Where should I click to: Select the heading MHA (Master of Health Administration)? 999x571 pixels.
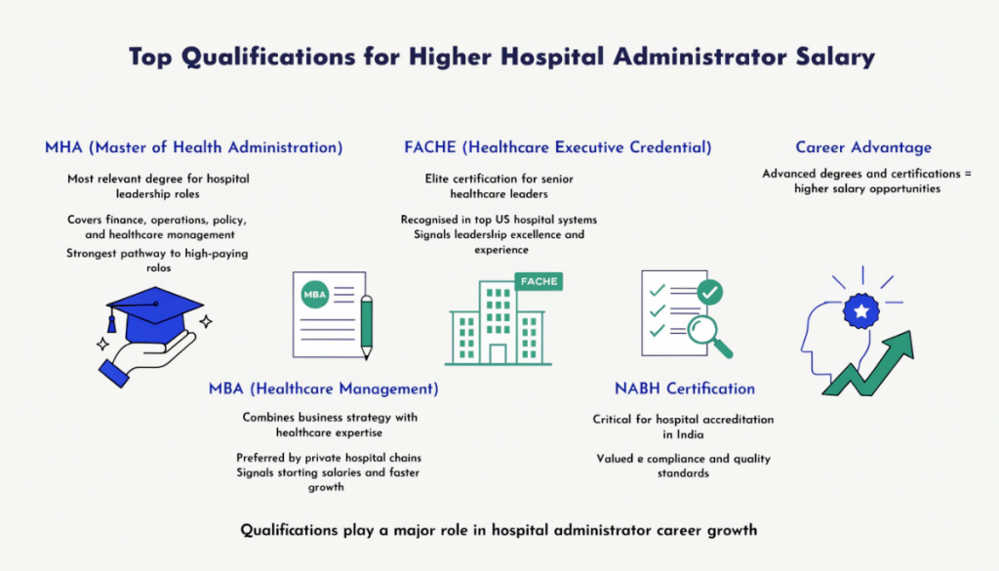coord(193,147)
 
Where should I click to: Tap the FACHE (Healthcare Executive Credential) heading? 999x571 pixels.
coord(557,147)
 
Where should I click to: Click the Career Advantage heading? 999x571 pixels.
coord(863,147)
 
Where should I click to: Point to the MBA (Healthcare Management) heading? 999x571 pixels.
coord(323,388)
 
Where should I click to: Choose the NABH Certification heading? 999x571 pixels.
coord(684,388)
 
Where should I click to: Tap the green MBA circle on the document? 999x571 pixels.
coord(315,293)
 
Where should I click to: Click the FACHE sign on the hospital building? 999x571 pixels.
coord(539,281)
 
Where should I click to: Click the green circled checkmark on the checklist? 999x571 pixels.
coord(710,291)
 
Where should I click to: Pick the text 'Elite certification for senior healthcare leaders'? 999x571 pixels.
coord(499,186)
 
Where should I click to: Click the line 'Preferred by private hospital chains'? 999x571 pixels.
coord(329,458)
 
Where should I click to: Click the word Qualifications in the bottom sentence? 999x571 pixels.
coord(290,531)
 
